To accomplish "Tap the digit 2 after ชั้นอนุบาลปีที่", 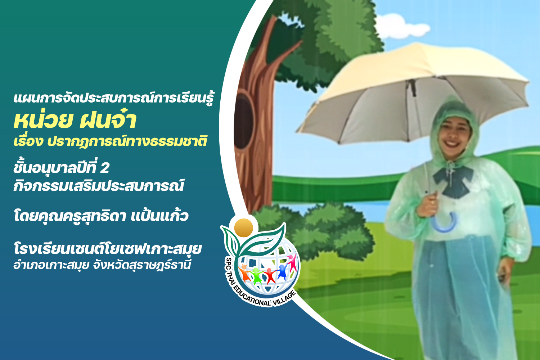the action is coord(105,168).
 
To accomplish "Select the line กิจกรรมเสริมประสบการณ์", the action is coord(99,185).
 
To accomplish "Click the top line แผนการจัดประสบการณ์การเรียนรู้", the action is coord(114,98).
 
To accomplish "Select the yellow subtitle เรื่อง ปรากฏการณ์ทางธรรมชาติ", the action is coord(111,141).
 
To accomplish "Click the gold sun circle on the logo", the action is coord(243,228).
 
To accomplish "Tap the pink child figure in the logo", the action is coord(292,262).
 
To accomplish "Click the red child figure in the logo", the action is coord(270,275).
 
